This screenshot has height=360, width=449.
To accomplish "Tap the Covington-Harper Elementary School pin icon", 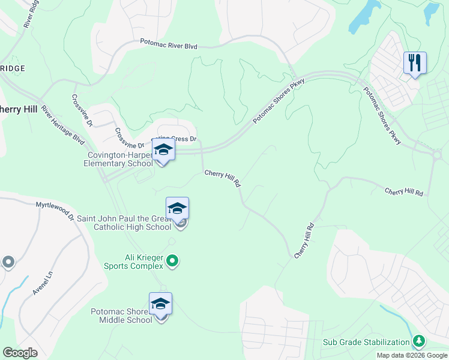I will [163, 149].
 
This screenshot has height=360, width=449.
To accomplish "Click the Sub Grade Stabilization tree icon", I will [419, 342].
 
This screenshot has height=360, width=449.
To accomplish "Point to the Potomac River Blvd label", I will [168, 44].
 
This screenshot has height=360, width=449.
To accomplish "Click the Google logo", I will [20, 353].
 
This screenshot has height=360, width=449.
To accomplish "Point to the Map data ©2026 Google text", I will [412, 355].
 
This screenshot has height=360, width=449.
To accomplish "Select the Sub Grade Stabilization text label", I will [366, 342].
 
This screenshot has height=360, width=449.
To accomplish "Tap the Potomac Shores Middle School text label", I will [122, 316].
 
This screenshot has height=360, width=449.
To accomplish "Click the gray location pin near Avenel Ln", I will [8, 262].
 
